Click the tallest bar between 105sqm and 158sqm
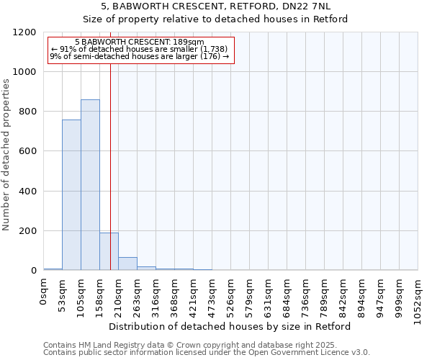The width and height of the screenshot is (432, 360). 90,185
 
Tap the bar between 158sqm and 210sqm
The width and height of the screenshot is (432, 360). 109,251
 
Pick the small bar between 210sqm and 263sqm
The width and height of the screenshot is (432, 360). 127,264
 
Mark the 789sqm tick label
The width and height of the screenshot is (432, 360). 325,293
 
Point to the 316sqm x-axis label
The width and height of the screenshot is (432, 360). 156,293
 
